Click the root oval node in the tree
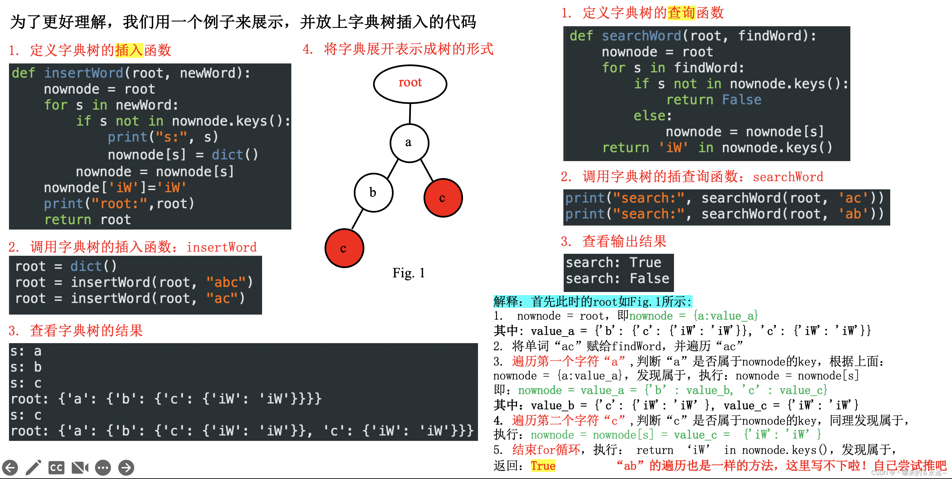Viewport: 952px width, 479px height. pyautogui.click(x=410, y=83)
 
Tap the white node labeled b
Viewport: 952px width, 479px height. pyautogui.click(x=373, y=193)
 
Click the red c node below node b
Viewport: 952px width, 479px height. pyautogui.click(x=344, y=248)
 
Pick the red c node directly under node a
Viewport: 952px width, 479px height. pyautogui.click(x=443, y=198)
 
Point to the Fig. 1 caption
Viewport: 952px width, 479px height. pyautogui.click(x=408, y=273)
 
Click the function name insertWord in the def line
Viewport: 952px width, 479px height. pyautogui.click(x=83, y=73)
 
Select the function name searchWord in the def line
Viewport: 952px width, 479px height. pyautogui.click(x=641, y=36)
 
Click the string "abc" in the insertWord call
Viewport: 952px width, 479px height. pyautogui.click(x=226, y=282)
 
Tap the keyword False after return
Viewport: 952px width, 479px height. pyautogui.click(x=741, y=100)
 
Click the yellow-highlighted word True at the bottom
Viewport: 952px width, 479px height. pyautogui.click(x=543, y=466)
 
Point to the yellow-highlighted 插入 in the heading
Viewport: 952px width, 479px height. pyautogui.click(x=129, y=50)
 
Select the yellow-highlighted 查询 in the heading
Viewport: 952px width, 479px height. pyautogui.click(x=681, y=13)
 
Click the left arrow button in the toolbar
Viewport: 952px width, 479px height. pyautogui.click(x=10, y=468)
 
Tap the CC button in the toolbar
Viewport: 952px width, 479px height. pyautogui.click(x=56, y=468)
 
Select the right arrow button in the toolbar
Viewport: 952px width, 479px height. pyautogui.click(x=126, y=468)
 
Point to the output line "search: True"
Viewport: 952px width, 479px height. pyautogui.click(x=613, y=262)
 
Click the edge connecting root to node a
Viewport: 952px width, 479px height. pyautogui.click(x=410, y=114)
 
